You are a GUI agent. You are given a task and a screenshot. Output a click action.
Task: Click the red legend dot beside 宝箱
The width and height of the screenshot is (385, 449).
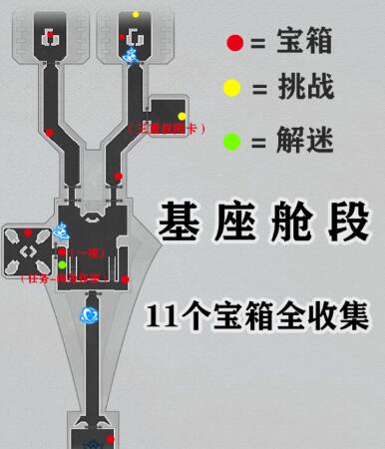(234, 43)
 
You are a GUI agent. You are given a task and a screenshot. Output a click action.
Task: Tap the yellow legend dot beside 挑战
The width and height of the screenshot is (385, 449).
(231, 88)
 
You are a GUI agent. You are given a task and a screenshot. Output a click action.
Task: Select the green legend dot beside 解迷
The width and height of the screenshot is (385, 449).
(231, 140)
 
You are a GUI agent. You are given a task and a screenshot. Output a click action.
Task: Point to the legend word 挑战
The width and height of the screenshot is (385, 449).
(301, 88)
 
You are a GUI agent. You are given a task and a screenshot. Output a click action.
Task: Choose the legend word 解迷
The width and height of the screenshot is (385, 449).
(301, 140)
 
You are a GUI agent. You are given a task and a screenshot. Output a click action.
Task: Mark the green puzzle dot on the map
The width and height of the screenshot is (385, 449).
(61, 264)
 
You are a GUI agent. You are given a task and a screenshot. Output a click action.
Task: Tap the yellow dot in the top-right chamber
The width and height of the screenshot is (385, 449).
(136, 15)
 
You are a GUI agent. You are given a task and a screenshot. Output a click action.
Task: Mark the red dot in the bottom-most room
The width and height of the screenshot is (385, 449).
(111, 438)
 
